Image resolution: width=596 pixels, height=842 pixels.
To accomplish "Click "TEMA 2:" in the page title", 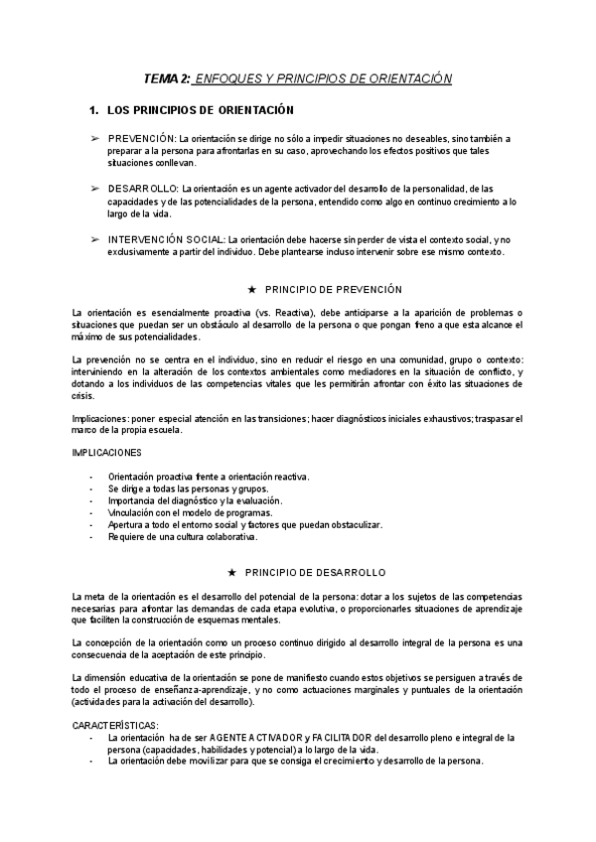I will click(167, 78).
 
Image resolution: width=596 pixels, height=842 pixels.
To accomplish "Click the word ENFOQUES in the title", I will click(229, 78).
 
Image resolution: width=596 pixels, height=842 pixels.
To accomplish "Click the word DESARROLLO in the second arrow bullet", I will click(143, 188).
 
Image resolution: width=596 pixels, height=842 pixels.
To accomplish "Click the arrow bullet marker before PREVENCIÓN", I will click(95, 138).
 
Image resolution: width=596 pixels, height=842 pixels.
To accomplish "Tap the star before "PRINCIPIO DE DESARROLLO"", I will click(231, 573).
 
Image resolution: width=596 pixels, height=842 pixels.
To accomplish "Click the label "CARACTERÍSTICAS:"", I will click(115, 726).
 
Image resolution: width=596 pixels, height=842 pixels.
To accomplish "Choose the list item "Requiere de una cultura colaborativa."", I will click(182, 537).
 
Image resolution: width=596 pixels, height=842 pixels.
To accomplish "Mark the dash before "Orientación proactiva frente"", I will click(91, 477).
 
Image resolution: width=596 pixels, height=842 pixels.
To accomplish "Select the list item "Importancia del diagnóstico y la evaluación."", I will click(195, 500).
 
